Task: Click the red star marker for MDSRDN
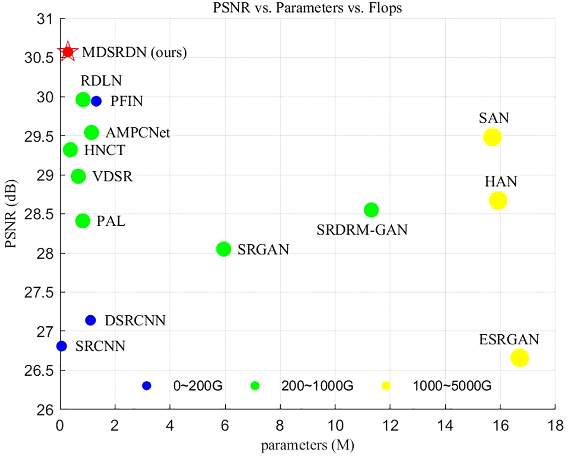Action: click(68, 52)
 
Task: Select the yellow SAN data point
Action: click(492, 137)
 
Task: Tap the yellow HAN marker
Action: click(498, 200)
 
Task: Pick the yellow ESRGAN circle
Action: click(519, 358)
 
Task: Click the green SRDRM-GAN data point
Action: click(371, 210)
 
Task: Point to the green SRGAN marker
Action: click(224, 249)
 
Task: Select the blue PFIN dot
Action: click(96, 101)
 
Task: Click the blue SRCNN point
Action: click(61, 346)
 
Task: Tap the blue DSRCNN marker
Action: click(91, 320)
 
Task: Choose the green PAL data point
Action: click(83, 221)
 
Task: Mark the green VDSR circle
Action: click(78, 176)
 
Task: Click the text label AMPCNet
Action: click(138, 133)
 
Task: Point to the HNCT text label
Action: click(105, 150)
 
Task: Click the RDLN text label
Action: click(101, 81)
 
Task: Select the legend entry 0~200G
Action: click(198, 386)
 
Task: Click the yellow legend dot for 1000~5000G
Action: click(386, 386)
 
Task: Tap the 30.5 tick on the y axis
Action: click(38, 58)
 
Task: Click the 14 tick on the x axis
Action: click(445, 425)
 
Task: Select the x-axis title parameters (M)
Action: click(307, 445)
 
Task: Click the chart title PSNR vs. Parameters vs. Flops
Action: click(307, 8)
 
